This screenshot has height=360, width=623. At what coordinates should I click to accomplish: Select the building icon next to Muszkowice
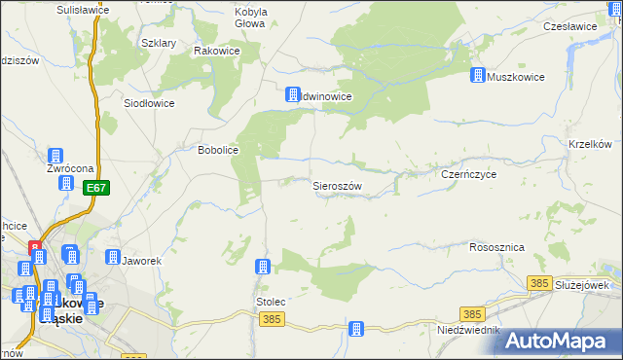(478, 75)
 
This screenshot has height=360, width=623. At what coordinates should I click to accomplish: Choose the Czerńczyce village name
(469, 174)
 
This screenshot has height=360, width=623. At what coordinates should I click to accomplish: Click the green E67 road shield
(94, 188)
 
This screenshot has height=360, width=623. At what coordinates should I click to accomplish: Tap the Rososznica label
(496, 248)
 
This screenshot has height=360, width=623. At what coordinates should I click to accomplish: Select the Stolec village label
(271, 302)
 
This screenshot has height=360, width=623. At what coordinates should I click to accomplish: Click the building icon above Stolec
(262, 267)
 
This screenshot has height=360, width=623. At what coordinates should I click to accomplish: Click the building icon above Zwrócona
(55, 156)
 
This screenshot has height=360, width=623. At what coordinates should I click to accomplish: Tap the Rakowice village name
(217, 51)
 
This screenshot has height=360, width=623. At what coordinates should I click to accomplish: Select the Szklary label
(158, 44)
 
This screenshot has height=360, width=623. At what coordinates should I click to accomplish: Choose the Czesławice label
(570, 26)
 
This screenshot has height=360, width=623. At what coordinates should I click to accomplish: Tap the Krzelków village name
(589, 144)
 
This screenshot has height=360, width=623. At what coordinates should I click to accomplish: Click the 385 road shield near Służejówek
(541, 282)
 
